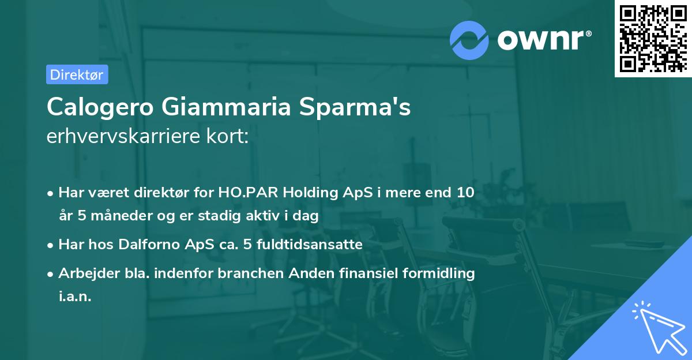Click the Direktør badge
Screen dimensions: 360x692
coord(77,74)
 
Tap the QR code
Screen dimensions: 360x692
coord(653,39)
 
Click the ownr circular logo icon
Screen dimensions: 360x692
coord(469,40)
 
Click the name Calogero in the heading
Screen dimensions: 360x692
coord(100,108)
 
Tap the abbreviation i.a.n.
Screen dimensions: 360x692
coord(75,296)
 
